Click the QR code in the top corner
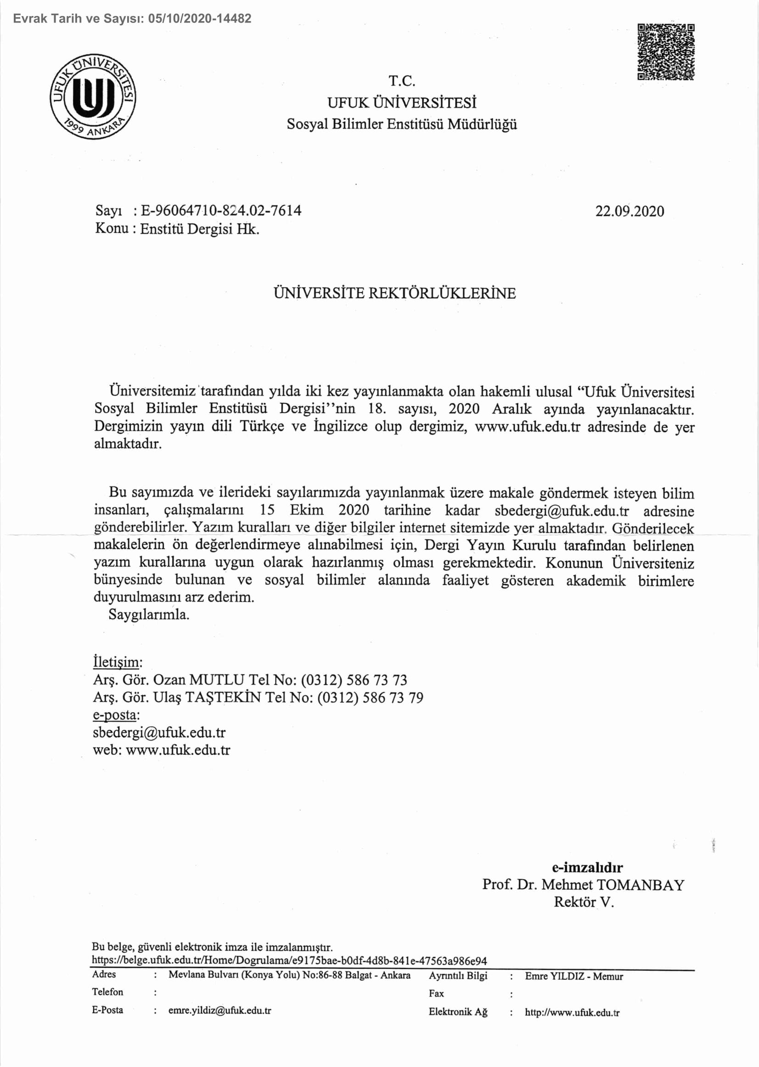pos(665,52)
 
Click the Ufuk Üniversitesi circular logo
pos(93,96)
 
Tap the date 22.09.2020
pos(629,211)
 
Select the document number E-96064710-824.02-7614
pos(221,211)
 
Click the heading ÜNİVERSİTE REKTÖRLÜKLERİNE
pos(394,293)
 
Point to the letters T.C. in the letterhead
pos(402,81)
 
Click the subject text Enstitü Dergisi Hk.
pos(200,229)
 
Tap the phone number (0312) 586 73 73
pos(354,679)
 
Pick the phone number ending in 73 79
pos(370,697)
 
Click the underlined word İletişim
pos(117,662)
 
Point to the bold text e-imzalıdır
pos(587,867)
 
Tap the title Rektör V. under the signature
pos(583,902)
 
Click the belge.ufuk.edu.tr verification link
pos(289,961)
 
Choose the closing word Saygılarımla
pos(149,614)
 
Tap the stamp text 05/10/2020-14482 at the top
pos(200,19)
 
